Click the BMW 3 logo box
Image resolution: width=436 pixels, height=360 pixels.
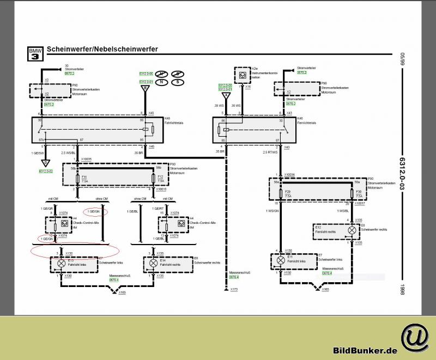pos(34,53)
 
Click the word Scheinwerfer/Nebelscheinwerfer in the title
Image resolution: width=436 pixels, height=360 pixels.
pos(102,49)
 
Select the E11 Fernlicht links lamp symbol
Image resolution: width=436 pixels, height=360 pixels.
pos(281,261)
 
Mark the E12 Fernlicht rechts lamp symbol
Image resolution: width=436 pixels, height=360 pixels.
pos(352,230)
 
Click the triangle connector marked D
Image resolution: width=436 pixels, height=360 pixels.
pos(46,162)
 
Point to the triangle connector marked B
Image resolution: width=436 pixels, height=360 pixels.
pos(145,88)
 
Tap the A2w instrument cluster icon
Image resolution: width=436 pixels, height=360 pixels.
pos(241,74)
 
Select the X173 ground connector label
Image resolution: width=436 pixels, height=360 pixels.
pos(234,289)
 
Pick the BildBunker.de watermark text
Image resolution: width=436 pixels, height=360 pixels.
pos(365,350)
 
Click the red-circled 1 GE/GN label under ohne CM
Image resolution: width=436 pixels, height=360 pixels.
pos(94,211)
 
